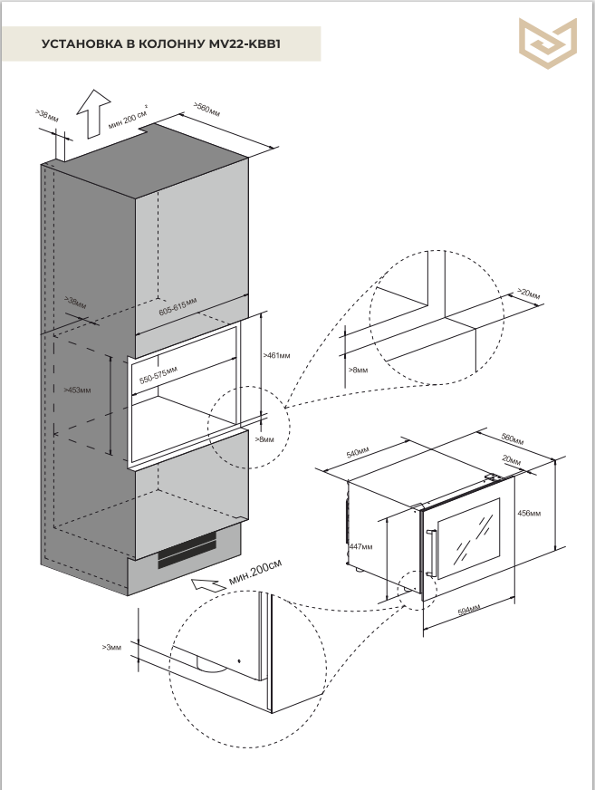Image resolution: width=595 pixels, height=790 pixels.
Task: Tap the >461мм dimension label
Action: (276, 356)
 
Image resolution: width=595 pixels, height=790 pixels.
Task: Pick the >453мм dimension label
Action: (77, 390)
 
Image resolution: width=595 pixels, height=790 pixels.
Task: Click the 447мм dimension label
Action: (360, 547)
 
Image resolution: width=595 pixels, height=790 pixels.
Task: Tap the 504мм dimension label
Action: (468, 611)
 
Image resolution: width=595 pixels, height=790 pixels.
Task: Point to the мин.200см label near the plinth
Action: (255, 571)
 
